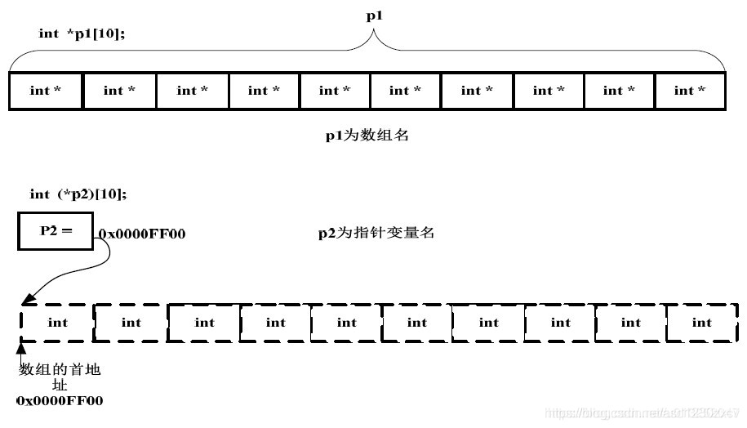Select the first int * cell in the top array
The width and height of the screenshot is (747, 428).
(46, 91)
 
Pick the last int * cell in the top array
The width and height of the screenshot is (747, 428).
(689, 91)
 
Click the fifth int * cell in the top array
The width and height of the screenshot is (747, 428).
(335, 91)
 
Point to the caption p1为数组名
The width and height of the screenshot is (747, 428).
(367, 136)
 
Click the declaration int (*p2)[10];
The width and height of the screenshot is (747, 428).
(78, 194)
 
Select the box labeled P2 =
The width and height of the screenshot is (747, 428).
(56, 231)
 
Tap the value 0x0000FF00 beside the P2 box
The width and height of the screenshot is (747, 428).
(142, 234)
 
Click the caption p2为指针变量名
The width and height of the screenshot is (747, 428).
(376, 233)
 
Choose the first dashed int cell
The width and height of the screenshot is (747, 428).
(57, 323)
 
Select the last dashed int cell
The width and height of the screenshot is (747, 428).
(702, 323)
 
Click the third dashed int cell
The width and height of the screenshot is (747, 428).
(204, 323)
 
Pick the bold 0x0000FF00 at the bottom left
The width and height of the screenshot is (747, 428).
(60, 401)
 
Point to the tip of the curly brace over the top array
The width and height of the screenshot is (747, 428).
(375, 33)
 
